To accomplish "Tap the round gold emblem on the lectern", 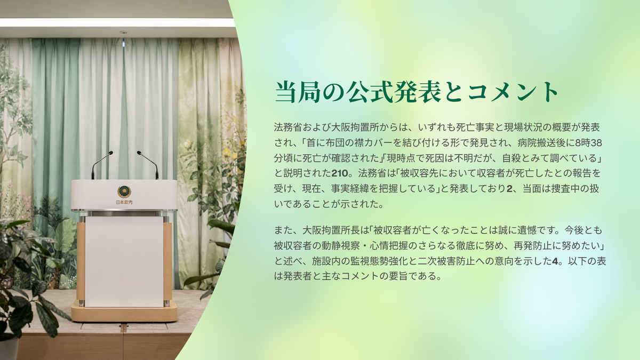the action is pyautogui.click(x=124, y=191).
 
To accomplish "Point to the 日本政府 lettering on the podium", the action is pyautogui.click(x=124, y=202).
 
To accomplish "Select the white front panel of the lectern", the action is pyautogui.click(x=124, y=261).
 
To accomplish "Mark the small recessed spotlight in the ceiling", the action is pyautogui.click(x=124, y=32).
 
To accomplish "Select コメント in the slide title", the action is pyautogui.click(x=513, y=92).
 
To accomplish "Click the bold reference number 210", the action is pyautogui.click(x=339, y=173).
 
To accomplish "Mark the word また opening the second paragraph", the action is pyautogui.click(x=283, y=230).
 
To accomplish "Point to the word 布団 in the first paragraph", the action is pyautogui.click(x=335, y=142).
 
